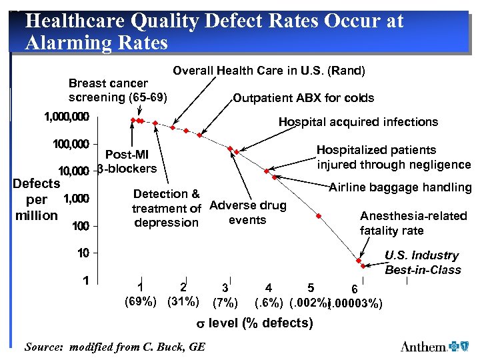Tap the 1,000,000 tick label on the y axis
[x=66, y=117]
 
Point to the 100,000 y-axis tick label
[x=71, y=144]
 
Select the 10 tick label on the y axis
[x=83, y=253]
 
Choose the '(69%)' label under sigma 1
[x=141, y=301]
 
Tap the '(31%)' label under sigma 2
[x=183, y=301]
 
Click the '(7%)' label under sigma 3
[x=225, y=303]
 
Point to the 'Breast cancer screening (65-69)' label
[x=118, y=90]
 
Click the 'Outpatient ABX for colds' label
[x=303, y=98]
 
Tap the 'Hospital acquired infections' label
[x=358, y=121]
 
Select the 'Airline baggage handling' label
[x=400, y=187]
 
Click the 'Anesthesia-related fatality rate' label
[x=413, y=223]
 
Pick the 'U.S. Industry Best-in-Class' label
[x=422, y=263]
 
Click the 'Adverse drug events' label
[x=247, y=213]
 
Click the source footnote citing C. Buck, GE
[x=115, y=347]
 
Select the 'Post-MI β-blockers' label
[x=127, y=161]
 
